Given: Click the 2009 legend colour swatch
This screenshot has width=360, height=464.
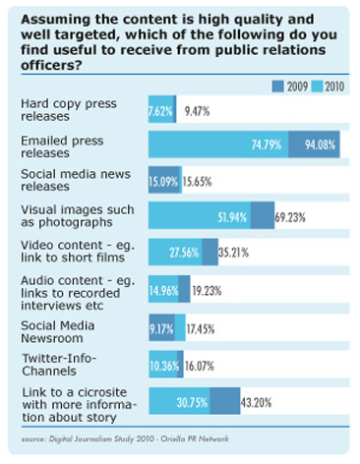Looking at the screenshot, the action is click(277, 87).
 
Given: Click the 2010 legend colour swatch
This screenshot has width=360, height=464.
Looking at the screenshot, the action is click(317, 87).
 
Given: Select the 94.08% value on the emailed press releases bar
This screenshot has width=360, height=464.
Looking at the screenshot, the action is click(320, 145).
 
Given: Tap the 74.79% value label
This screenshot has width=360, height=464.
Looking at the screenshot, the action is click(267, 145).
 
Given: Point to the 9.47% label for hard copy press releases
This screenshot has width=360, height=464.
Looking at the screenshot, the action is click(197, 111).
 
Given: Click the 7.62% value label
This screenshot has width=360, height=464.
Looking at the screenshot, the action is click(160, 111).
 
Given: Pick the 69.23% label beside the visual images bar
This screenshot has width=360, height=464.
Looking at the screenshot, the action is click(290, 217).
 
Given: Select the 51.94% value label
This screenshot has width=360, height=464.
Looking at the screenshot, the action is click(232, 217).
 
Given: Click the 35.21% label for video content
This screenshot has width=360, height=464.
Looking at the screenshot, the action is click(233, 253).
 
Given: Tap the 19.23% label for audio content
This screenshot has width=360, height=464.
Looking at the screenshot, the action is click(207, 290).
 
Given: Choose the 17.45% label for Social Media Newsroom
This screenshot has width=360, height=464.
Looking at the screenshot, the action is click(201, 328).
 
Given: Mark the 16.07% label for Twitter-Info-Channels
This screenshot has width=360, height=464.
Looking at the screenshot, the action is click(200, 366).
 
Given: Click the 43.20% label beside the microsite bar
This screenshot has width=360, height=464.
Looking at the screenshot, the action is click(256, 402).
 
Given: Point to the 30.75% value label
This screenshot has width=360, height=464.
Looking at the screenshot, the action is click(192, 402).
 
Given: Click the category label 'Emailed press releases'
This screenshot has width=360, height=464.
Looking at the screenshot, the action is click(62, 146).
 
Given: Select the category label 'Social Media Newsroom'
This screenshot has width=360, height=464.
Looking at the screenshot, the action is click(58, 331).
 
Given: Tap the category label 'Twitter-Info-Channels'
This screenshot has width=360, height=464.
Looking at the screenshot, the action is click(59, 365).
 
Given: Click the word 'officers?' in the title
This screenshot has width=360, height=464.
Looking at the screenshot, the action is click(51, 65).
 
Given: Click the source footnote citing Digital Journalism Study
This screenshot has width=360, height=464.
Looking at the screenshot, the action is click(125, 438).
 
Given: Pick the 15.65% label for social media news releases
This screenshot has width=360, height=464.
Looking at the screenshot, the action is click(197, 181).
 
